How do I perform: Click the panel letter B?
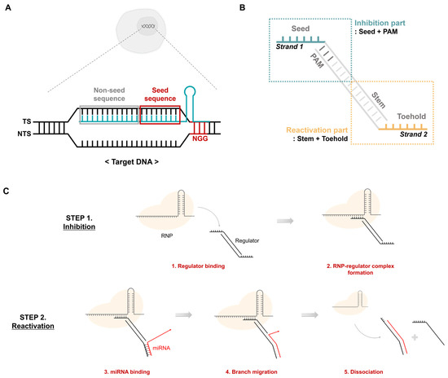coord(242,8)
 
